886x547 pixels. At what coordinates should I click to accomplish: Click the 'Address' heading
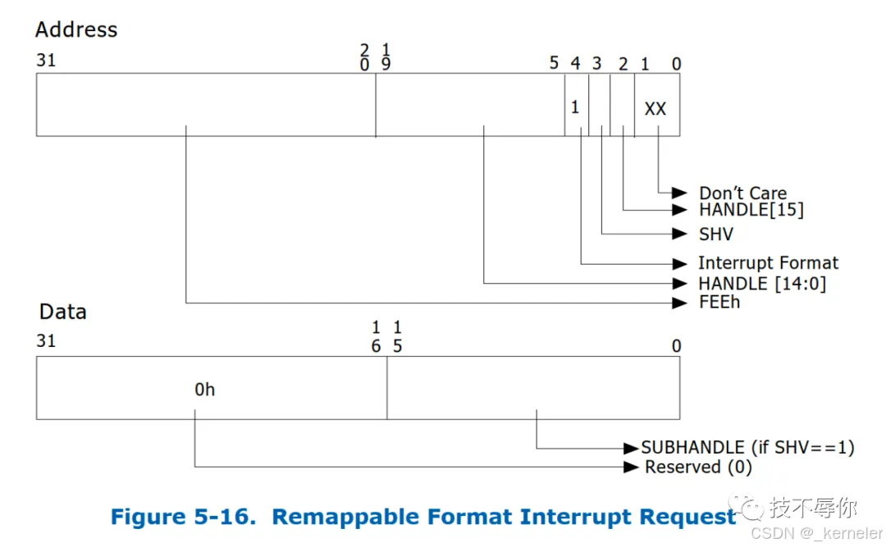pyautogui.click(x=76, y=30)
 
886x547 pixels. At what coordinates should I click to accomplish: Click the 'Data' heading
pyautogui.click(x=63, y=312)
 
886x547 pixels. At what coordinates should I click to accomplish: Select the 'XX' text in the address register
pyautogui.click(x=655, y=108)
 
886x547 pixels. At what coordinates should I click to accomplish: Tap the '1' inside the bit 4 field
pyautogui.click(x=575, y=107)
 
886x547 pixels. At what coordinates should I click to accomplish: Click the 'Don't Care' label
pyautogui.click(x=742, y=194)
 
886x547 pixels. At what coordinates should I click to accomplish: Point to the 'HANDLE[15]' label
pyautogui.click(x=751, y=210)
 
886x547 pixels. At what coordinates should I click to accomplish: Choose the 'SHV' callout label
pyautogui.click(x=715, y=235)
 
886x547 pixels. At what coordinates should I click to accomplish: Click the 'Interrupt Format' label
pyautogui.click(x=768, y=263)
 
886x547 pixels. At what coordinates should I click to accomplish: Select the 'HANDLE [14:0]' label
pyautogui.click(x=762, y=284)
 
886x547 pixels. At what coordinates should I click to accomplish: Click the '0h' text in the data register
pyautogui.click(x=205, y=390)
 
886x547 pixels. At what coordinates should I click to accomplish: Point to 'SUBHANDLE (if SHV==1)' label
pyautogui.click(x=747, y=448)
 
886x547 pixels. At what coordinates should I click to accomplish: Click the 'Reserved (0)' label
pyautogui.click(x=697, y=467)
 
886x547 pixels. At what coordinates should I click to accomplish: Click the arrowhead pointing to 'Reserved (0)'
pyautogui.click(x=632, y=467)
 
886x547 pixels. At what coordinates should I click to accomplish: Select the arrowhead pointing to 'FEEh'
pyautogui.click(x=679, y=303)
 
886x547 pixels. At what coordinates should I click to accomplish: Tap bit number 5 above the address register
pyautogui.click(x=554, y=63)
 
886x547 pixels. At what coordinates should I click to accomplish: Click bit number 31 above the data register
pyautogui.click(x=46, y=340)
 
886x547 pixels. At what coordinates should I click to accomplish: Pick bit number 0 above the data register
pyautogui.click(x=676, y=346)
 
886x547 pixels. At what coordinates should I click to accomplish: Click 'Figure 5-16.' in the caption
pyautogui.click(x=185, y=517)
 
